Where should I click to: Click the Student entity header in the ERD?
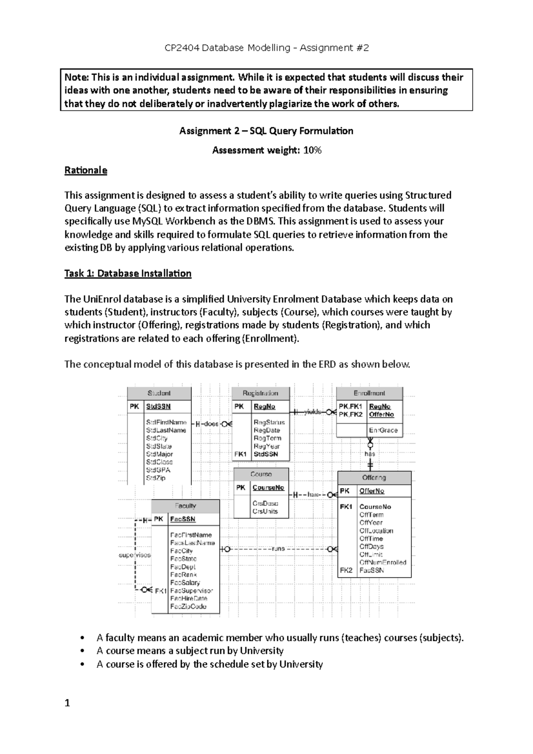click(159, 393)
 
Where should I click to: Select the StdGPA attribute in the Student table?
click(158, 470)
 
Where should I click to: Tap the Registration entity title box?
click(260, 393)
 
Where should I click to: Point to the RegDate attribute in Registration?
click(266, 430)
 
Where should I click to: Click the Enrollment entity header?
click(369, 393)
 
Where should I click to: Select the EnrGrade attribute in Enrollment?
click(383, 430)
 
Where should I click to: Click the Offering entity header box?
click(374, 478)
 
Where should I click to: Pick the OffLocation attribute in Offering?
click(376, 531)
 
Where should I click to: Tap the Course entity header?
click(261, 474)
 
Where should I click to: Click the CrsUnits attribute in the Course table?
click(265, 512)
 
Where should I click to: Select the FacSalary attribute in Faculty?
click(185, 583)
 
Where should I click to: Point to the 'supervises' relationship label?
click(135, 555)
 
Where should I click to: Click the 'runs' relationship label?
click(278, 549)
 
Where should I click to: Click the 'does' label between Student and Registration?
click(211, 424)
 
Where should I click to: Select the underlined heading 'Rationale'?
click(86, 171)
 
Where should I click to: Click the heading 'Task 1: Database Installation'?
click(128, 274)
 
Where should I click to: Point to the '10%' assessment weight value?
click(312, 151)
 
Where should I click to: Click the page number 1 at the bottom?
click(67, 703)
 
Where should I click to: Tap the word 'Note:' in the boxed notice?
click(77, 78)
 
